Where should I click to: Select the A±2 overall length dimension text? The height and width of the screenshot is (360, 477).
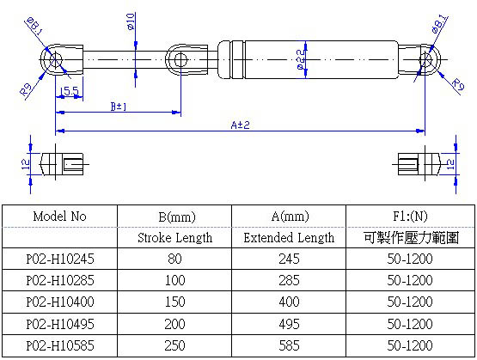(240, 125)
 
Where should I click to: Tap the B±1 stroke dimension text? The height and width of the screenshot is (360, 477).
(120, 107)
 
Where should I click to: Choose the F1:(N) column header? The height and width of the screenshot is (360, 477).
(408, 217)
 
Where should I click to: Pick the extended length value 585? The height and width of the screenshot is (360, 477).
(289, 346)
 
